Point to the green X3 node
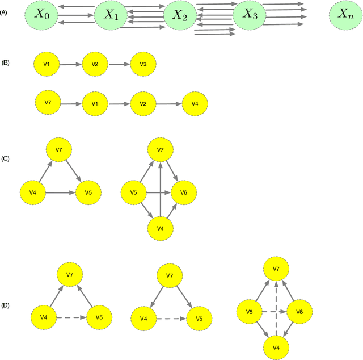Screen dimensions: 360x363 point(250,15)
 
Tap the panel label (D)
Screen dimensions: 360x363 point(9,305)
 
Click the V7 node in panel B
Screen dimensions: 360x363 point(48,103)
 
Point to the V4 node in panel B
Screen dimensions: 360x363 point(195,104)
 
